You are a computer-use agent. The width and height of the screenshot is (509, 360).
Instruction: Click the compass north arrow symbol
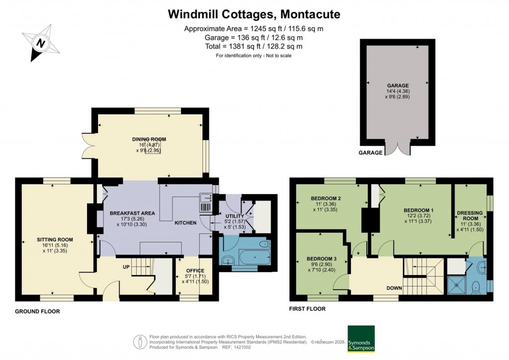click(41, 43)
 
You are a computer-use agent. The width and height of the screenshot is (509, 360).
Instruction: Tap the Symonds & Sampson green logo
click(361, 339)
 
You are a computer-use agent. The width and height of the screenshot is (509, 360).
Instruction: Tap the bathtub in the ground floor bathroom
click(254, 257)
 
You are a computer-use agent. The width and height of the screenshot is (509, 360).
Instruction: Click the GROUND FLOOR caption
click(37, 312)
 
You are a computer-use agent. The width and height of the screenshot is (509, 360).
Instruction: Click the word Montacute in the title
click(311, 14)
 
